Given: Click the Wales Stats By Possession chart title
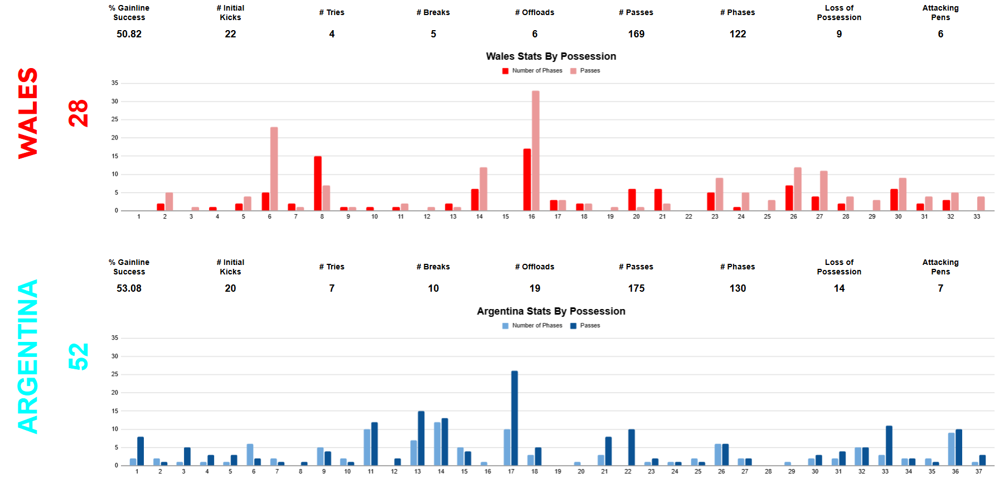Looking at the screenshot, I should click(x=551, y=56).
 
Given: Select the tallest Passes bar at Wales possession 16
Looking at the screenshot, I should click(x=536, y=151).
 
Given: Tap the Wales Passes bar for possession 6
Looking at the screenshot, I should click(x=274, y=168).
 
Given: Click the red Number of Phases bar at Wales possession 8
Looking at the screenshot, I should click(x=318, y=183).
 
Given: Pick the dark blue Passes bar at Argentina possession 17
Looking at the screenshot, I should click(x=514, y=418).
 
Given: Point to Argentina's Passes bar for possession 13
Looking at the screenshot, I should click(x=421, y=438).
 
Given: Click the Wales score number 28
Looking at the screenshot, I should click(x=79, y=113).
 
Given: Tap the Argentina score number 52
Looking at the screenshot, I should click(x=79, y=356).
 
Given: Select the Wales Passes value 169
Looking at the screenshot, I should click(x=636, y=34).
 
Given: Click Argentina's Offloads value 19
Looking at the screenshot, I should click(x=535, y=288).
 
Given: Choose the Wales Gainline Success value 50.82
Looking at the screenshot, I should click(x=129, y=34).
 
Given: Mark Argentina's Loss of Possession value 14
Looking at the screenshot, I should click(x=839, y=288).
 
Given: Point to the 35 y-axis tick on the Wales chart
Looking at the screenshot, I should click(x=115, y=83).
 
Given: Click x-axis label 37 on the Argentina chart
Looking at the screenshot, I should click(x=978, y=471).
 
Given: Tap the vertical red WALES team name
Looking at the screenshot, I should click(x=28, y=113).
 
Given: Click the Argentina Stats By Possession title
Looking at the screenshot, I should click(x=551, y=311).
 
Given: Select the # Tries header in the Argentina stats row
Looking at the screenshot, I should click(x=332, y=267).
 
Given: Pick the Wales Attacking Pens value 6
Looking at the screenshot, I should click(x=940, y=34).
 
